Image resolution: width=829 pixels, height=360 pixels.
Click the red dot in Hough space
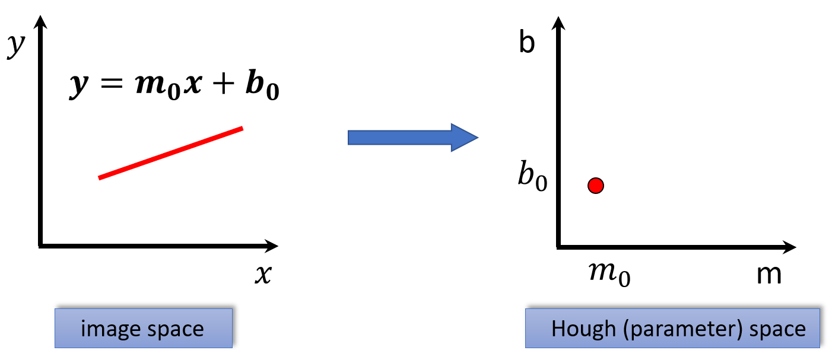click(595, 186)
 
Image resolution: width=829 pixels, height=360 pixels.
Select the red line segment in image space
click(171, 153)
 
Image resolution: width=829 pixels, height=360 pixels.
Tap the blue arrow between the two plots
click(412, 138)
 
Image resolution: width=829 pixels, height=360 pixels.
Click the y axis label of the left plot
click(16, 46)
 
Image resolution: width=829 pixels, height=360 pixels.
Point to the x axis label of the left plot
click(263, 274)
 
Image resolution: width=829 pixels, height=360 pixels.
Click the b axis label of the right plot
click(527, 42)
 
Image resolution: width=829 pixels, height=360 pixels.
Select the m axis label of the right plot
click(768, 275)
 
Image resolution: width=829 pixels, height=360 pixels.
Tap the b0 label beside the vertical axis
click(532, 176)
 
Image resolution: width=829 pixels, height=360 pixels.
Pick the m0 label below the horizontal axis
click(609, 274)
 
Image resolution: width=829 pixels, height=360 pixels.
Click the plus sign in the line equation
click(223, 84)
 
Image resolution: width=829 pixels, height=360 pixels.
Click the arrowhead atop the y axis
click(40, 21)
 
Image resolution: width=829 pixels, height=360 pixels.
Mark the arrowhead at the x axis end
click(272, 246)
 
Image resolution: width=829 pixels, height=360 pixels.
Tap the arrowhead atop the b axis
click(558, 23)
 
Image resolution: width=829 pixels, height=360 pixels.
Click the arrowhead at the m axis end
click(789, 247)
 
